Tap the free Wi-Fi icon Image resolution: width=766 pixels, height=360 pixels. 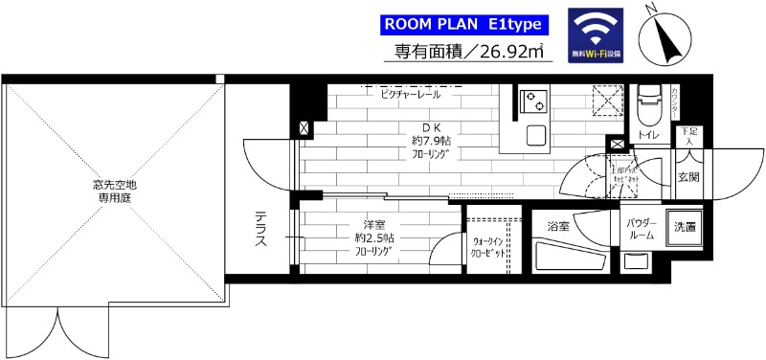593,35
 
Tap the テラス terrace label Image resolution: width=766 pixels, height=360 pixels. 260,230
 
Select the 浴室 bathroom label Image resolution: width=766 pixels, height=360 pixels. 559,227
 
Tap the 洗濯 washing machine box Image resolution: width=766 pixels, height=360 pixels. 685,228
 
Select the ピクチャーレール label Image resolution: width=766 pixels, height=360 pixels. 409,95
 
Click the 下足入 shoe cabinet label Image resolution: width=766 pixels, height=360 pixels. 688,135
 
